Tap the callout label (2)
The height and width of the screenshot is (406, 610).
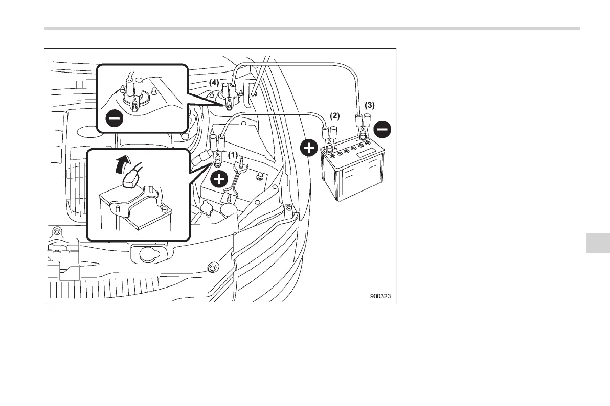[334, 116]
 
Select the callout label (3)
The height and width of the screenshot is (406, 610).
[369, 105]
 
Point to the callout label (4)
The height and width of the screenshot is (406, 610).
[214, 82]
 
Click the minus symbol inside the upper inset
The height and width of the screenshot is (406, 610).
[114, 119]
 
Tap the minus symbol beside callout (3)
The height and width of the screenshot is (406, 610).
[382, 129]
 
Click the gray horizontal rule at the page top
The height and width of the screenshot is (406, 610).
[312, 29]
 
